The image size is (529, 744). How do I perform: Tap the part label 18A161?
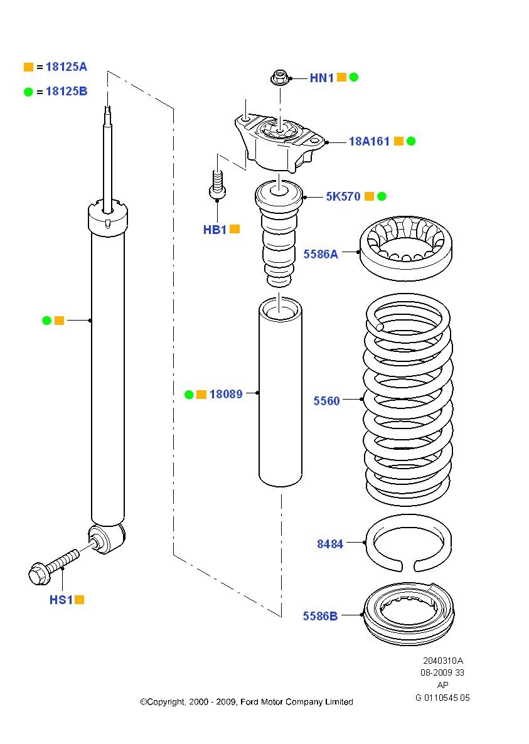point(369,142)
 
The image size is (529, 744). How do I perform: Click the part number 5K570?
point(343,197)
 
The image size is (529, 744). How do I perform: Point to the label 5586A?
point(320,254)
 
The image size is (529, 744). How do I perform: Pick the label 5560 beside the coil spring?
point(326,401)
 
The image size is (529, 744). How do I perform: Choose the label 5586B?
point(320,616)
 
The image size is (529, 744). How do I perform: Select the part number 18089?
point(225,395)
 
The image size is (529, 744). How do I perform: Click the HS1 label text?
point(61,600)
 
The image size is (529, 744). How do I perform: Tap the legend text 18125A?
point(66,66)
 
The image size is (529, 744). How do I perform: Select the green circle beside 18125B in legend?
point(28,92)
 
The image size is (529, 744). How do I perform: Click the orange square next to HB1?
point(235,230)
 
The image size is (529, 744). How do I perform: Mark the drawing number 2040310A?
point(442,661)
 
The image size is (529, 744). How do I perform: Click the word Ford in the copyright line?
point(252,702)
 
